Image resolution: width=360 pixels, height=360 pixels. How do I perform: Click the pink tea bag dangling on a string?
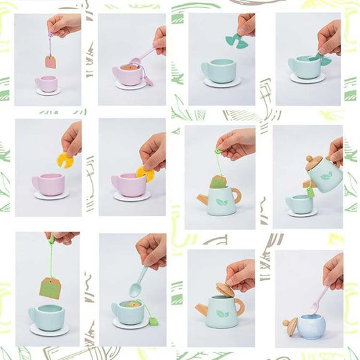51,62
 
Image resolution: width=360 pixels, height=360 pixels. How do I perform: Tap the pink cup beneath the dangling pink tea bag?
46,84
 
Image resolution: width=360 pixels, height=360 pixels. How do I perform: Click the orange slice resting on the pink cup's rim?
145,174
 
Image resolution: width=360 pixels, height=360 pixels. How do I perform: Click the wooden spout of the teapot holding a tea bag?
201,198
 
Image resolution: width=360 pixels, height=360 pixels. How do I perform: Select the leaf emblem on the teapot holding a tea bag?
222,201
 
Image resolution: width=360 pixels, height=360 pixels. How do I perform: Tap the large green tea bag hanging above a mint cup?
49,287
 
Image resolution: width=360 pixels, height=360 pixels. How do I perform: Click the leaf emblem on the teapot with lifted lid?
222,315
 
